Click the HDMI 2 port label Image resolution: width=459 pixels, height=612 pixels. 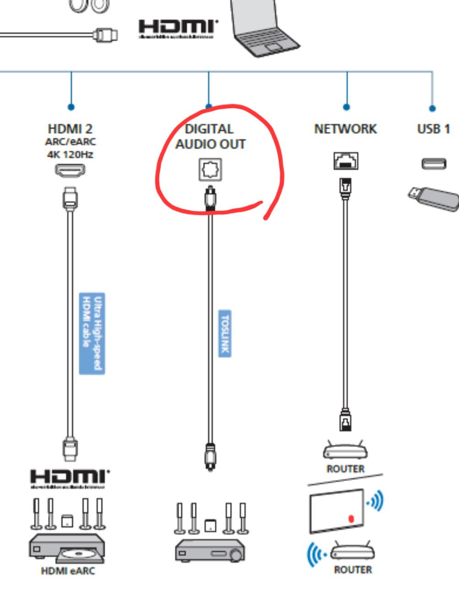tap(70, 129)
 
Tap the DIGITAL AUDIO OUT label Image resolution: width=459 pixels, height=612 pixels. tap(210, 137)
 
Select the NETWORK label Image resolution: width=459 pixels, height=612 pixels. tap(345, 129)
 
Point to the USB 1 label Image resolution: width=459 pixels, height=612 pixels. tap(433, 129)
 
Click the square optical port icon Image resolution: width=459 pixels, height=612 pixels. tap(210, 169)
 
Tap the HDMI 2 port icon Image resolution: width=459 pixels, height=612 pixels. tap(70, 170)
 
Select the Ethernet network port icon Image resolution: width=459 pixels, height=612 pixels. tap(346, 161)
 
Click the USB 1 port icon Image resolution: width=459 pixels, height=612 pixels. tap(433, 164)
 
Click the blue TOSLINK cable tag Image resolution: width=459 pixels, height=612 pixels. tap(224, 333)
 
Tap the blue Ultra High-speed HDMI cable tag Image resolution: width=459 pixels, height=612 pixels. tap(92, 333)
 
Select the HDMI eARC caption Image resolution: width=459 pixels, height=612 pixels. tap(68, 571)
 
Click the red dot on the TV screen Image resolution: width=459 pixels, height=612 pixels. tap(351, 519)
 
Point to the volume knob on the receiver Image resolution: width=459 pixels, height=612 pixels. tap(236, 555)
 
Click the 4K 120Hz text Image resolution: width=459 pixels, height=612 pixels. tap(70, 154)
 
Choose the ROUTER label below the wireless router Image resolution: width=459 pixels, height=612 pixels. tap(353, 570)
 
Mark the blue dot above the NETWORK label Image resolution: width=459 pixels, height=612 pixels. tap(346, 107)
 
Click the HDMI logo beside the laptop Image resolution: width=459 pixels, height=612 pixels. tap(177, 28)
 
